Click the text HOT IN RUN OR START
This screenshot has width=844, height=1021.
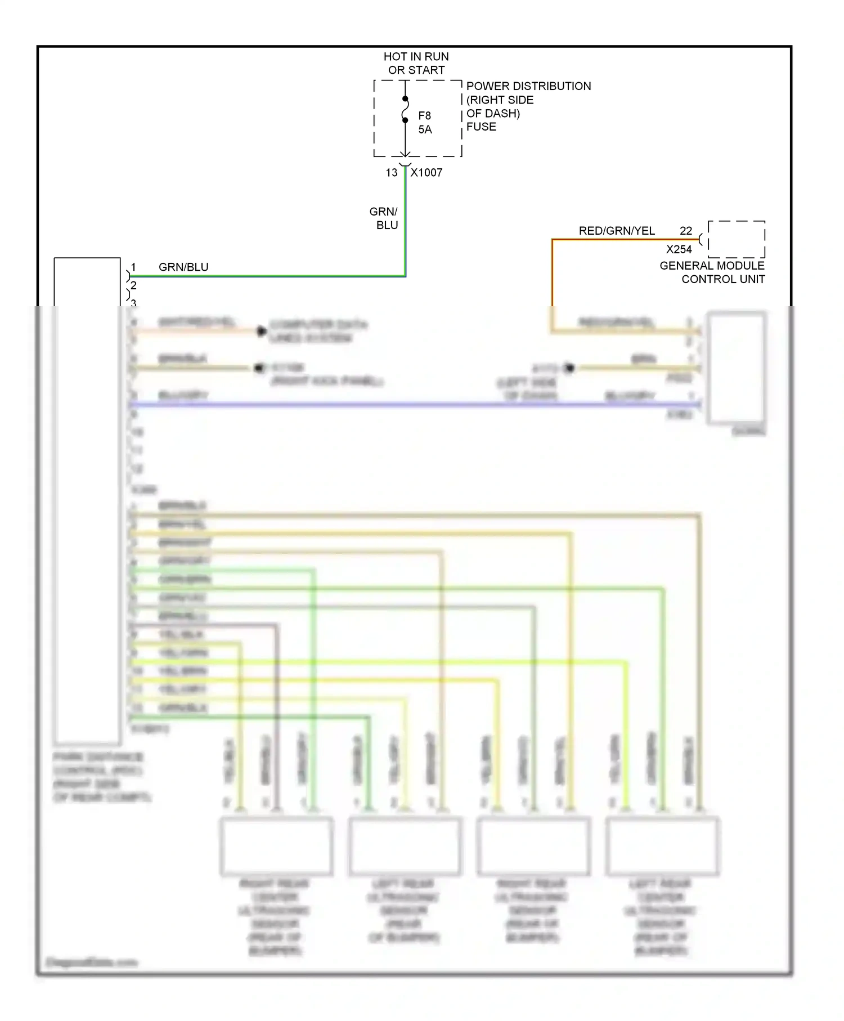[416, 63]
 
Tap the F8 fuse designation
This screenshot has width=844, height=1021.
[424, 115]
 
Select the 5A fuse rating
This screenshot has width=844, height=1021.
[425, 129]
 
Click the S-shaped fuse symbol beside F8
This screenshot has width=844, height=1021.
[405, 110]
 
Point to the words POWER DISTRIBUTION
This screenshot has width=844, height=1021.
[528, 86]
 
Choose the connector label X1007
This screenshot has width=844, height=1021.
[427, 173]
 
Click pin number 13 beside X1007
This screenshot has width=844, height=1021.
[392, 173]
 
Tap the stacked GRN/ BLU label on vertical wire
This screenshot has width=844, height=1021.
[384, 218]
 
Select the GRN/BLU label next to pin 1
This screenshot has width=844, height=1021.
[183, 267]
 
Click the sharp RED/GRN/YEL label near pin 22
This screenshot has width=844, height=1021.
[617, 231]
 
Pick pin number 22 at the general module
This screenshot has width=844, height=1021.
[685, 231]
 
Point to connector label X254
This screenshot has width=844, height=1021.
[679, 249]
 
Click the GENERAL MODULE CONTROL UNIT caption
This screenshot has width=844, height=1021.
[712, 272]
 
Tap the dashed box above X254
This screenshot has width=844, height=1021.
[736, 239]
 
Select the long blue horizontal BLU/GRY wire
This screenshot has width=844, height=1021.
[394, 404]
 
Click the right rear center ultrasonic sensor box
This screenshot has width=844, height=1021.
[276, 846]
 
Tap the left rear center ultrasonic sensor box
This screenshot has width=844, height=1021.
[662, 846]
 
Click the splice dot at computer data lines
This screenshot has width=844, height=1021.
[261, 331]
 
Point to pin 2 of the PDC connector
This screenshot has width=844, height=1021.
[134, 285]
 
